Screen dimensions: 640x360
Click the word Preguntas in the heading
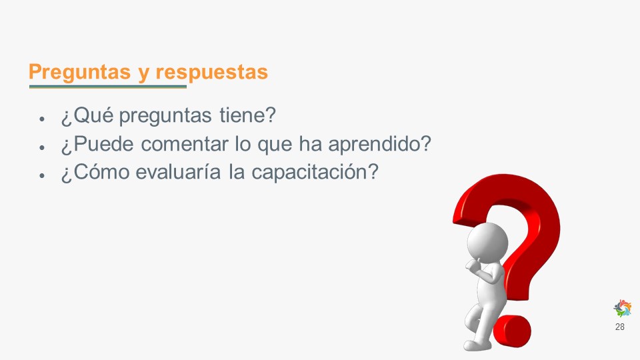coord(79,72)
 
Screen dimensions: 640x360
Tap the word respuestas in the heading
coord(211,72)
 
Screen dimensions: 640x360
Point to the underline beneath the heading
coord(108,87)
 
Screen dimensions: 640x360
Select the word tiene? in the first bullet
coord(248,115)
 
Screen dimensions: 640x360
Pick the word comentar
coord(184,144)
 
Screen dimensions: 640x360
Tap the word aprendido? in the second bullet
coord(379,144)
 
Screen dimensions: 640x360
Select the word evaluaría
coord(178,172)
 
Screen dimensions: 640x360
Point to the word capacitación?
coord(315,172)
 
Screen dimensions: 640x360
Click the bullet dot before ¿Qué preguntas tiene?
coord(41,119)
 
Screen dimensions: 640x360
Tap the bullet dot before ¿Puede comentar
coord(41,147)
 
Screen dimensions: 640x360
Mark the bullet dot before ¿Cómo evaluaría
coord(41,175)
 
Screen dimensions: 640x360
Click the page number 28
coord(619,327)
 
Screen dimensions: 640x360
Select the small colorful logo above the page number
coord(623,308)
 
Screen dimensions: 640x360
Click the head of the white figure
coord(487,242)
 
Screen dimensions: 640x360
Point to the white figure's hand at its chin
coord(473,265)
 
